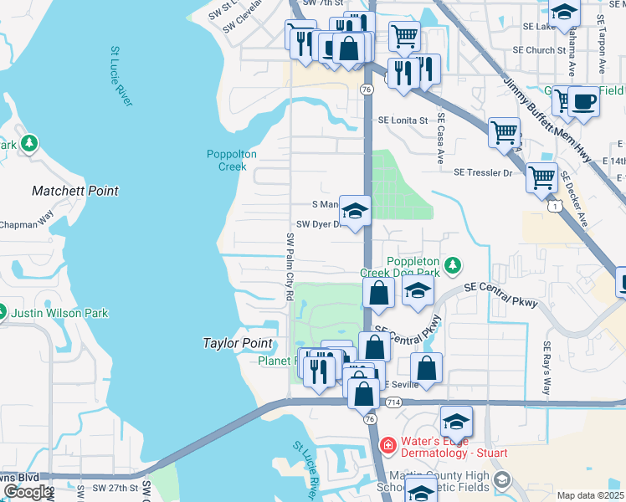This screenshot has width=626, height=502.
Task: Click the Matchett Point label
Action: pos(75,191)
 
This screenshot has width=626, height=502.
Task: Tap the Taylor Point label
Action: pos(238,343)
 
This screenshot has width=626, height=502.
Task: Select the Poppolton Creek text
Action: pos(227,160)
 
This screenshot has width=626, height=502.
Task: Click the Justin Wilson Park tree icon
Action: pos(2,313)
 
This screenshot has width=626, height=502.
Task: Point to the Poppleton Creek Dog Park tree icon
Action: pos(452,265)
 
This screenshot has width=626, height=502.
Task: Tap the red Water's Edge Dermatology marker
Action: pos(387,445)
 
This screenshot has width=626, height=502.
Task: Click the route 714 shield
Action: pos(393,403)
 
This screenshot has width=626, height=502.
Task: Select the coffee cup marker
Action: pos(583,102)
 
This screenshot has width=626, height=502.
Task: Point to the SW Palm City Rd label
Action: pos(290,267)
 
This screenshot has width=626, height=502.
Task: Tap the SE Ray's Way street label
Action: pos(547,368)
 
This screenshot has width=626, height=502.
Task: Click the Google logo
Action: pos(28,492)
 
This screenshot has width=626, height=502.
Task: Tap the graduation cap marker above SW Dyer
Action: pos(355,211)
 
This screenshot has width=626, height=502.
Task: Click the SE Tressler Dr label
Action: pos(482,172)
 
